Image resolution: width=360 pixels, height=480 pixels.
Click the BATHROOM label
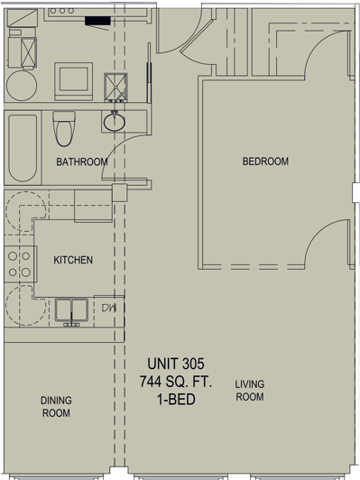tap(82, 162)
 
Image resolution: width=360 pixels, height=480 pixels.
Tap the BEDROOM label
tap(265, 162)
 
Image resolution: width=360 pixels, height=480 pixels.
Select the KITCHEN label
tap(73, 260)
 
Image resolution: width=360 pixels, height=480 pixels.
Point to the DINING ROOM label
tap(56, 407)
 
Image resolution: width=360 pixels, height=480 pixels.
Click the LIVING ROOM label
tap(250, 391)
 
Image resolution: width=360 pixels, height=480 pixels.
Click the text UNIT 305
tap(175, 364)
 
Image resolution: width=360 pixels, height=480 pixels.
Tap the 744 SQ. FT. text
tap(176, 382)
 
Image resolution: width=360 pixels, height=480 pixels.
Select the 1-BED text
tap(176, 399)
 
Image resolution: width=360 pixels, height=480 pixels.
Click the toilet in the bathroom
tap(64, 128)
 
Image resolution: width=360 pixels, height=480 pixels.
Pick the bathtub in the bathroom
tap(23, 148)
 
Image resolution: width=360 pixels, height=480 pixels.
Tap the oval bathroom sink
tap(115, 123)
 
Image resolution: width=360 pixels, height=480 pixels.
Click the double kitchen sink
tap(71, 310)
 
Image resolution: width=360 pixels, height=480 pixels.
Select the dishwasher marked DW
tap(109, 311)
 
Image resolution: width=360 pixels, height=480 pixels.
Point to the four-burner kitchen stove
tap(20, 263)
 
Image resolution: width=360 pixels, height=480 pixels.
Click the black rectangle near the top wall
tap(97, 21)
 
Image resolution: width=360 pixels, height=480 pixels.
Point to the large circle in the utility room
tap(22, 86)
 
